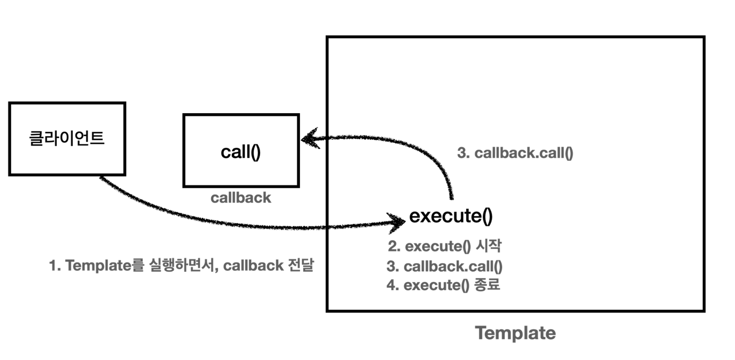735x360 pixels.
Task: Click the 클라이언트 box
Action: [67, 139]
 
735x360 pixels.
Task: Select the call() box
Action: [241, 151]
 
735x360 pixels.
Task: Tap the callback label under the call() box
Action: [241, 198]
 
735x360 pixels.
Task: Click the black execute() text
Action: [451, 216]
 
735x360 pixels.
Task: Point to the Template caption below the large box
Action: [515, 333]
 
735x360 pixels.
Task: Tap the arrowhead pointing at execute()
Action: [397, 222]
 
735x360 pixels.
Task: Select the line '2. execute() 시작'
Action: [444, 246]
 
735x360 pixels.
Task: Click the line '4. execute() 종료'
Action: [443, 285]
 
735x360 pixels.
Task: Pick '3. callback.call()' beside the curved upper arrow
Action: [515, 153]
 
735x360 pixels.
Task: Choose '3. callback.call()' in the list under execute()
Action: [444, 266]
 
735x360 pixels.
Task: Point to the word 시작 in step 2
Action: [489, 246]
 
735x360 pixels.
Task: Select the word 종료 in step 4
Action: [487, 285]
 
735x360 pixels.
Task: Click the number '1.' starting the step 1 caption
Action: [55, 266]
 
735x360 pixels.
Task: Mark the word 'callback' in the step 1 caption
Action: [253, 266]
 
